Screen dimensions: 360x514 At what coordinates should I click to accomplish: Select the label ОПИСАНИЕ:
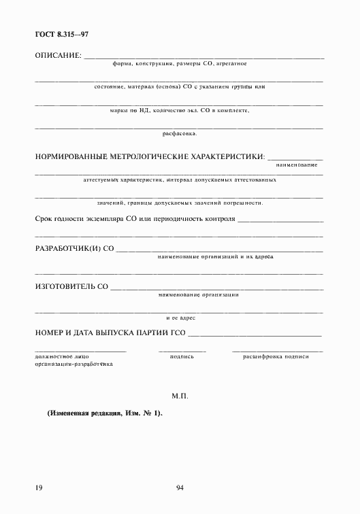pos(58,54)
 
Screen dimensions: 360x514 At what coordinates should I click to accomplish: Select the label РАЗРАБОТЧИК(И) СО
pos(73,249)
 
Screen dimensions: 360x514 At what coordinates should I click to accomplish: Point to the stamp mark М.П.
pos(180,395)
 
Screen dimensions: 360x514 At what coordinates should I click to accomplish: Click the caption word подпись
pos(182,356)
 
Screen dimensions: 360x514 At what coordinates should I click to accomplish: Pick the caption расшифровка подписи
pos(276,356)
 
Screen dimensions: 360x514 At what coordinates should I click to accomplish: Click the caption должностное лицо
pos(62,356)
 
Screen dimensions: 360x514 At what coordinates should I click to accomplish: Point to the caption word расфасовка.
pos(180,133)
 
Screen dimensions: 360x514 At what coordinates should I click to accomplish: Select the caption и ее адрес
pos(180,318)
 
